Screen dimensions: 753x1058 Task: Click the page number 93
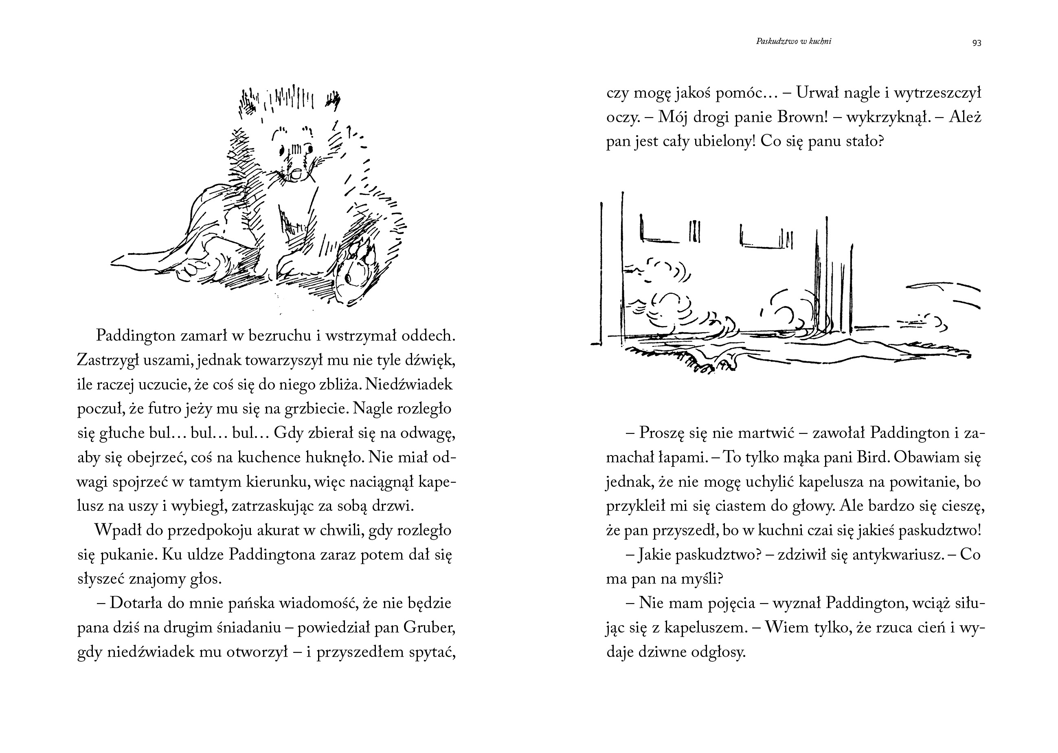pos(977,43)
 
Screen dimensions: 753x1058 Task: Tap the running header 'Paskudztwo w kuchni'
pos(794,41)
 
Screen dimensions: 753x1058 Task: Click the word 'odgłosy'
pos(718,652)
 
